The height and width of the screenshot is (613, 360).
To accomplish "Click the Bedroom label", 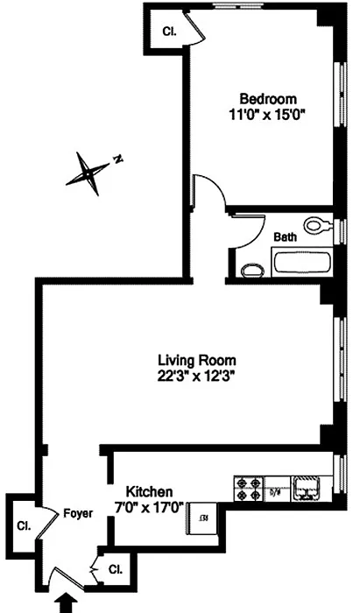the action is tap(268, 98).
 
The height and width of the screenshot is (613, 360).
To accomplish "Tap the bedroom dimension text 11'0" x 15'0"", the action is tap(267, 116).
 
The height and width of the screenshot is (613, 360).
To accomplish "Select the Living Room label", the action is tap(196, 359).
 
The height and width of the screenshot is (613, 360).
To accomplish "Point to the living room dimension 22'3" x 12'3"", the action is tap(196, 377).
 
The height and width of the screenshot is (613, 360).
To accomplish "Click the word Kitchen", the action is tap(149, 491).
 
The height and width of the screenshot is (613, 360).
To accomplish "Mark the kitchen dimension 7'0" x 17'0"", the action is tap(150, 508).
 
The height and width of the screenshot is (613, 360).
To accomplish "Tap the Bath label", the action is tap(285, 237).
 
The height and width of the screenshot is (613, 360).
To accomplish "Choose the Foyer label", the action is tap(78, 513).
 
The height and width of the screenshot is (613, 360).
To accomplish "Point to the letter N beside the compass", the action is tap(117, 159).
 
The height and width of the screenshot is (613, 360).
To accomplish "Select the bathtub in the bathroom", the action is tap(302, 263).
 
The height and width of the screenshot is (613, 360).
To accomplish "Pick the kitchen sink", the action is tap(307, 489).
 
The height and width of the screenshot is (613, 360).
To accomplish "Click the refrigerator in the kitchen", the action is tap(203, 518).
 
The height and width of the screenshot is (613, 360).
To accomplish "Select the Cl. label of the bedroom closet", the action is tap(169, 32).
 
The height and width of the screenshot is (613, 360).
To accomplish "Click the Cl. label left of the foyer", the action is tap(24, 526).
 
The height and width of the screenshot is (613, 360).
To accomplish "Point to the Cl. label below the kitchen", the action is tap(116, 569).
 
